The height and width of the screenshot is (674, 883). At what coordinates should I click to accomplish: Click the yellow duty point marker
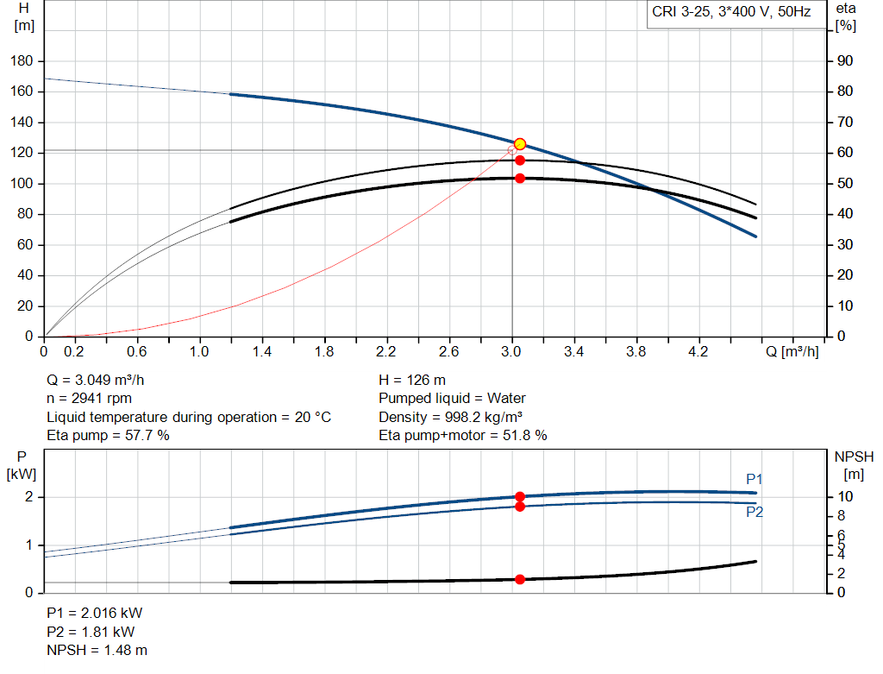[x=520, y=144]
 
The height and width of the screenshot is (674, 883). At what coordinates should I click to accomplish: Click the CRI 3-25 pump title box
[x=731, y=13]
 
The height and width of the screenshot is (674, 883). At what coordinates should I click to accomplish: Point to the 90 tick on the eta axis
[x=844, y=61]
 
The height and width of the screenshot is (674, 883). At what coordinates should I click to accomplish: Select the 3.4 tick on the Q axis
[x=574, y=351]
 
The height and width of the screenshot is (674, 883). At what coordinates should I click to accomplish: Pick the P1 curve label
[x=755, y=479]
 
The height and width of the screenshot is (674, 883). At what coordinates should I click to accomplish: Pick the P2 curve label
[x=755, y=512]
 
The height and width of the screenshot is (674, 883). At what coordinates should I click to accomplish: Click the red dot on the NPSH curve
[x=520, y=579]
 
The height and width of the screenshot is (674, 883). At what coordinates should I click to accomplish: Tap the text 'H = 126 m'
[x=412, y=380]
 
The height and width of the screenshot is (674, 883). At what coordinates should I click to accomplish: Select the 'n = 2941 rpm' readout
[x=91, y=399]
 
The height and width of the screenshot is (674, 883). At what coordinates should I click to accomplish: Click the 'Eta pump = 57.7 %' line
[x=108, y=436]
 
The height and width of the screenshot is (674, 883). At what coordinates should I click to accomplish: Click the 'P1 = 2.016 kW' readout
[x=94, y=613]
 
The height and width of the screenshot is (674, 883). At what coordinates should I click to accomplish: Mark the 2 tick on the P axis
[x=28, y=497]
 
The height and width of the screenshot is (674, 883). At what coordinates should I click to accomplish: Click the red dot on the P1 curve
[x=520, y=496]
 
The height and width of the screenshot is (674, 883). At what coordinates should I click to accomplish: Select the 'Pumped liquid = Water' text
[x=452, y=399]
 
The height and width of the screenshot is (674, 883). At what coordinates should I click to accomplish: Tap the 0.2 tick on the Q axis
[x=74, y=351]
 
